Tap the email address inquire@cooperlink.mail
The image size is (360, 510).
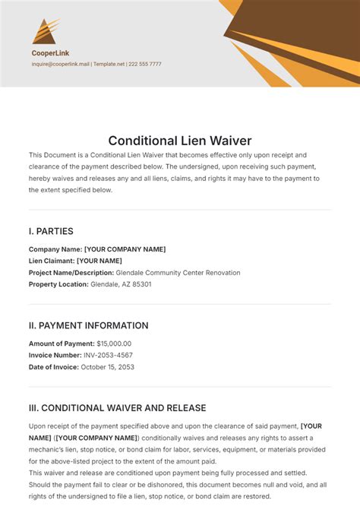(x=60, y=65)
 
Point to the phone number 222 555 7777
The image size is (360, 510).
(x=144, y=65)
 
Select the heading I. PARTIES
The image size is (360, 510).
(x=51, y=231)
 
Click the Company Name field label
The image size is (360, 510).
(x=55, y=249)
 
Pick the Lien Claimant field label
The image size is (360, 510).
(x=52, y=261)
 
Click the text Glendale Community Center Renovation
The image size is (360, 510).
(x=178, y=272)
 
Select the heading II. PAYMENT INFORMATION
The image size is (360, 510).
(x=88, y=325)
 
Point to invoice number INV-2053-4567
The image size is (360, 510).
(x=106, y=355)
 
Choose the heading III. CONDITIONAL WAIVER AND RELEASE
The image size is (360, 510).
(x=117, y=408)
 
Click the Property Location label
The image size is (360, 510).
(x=58, y=284)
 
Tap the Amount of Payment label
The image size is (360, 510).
(x=61, y=344)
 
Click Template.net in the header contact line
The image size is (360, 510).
(x=109, y=65)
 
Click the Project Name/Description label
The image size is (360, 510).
(x=71, y=272)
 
